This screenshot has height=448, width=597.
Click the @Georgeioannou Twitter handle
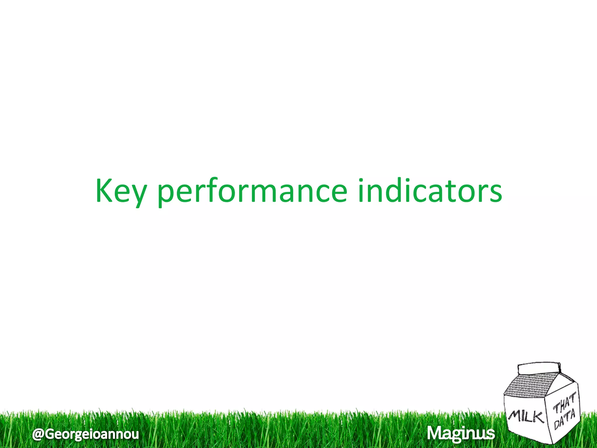point(85,434)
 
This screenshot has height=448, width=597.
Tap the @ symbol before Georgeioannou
point(38,434)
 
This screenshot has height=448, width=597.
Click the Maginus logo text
point(461,433)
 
